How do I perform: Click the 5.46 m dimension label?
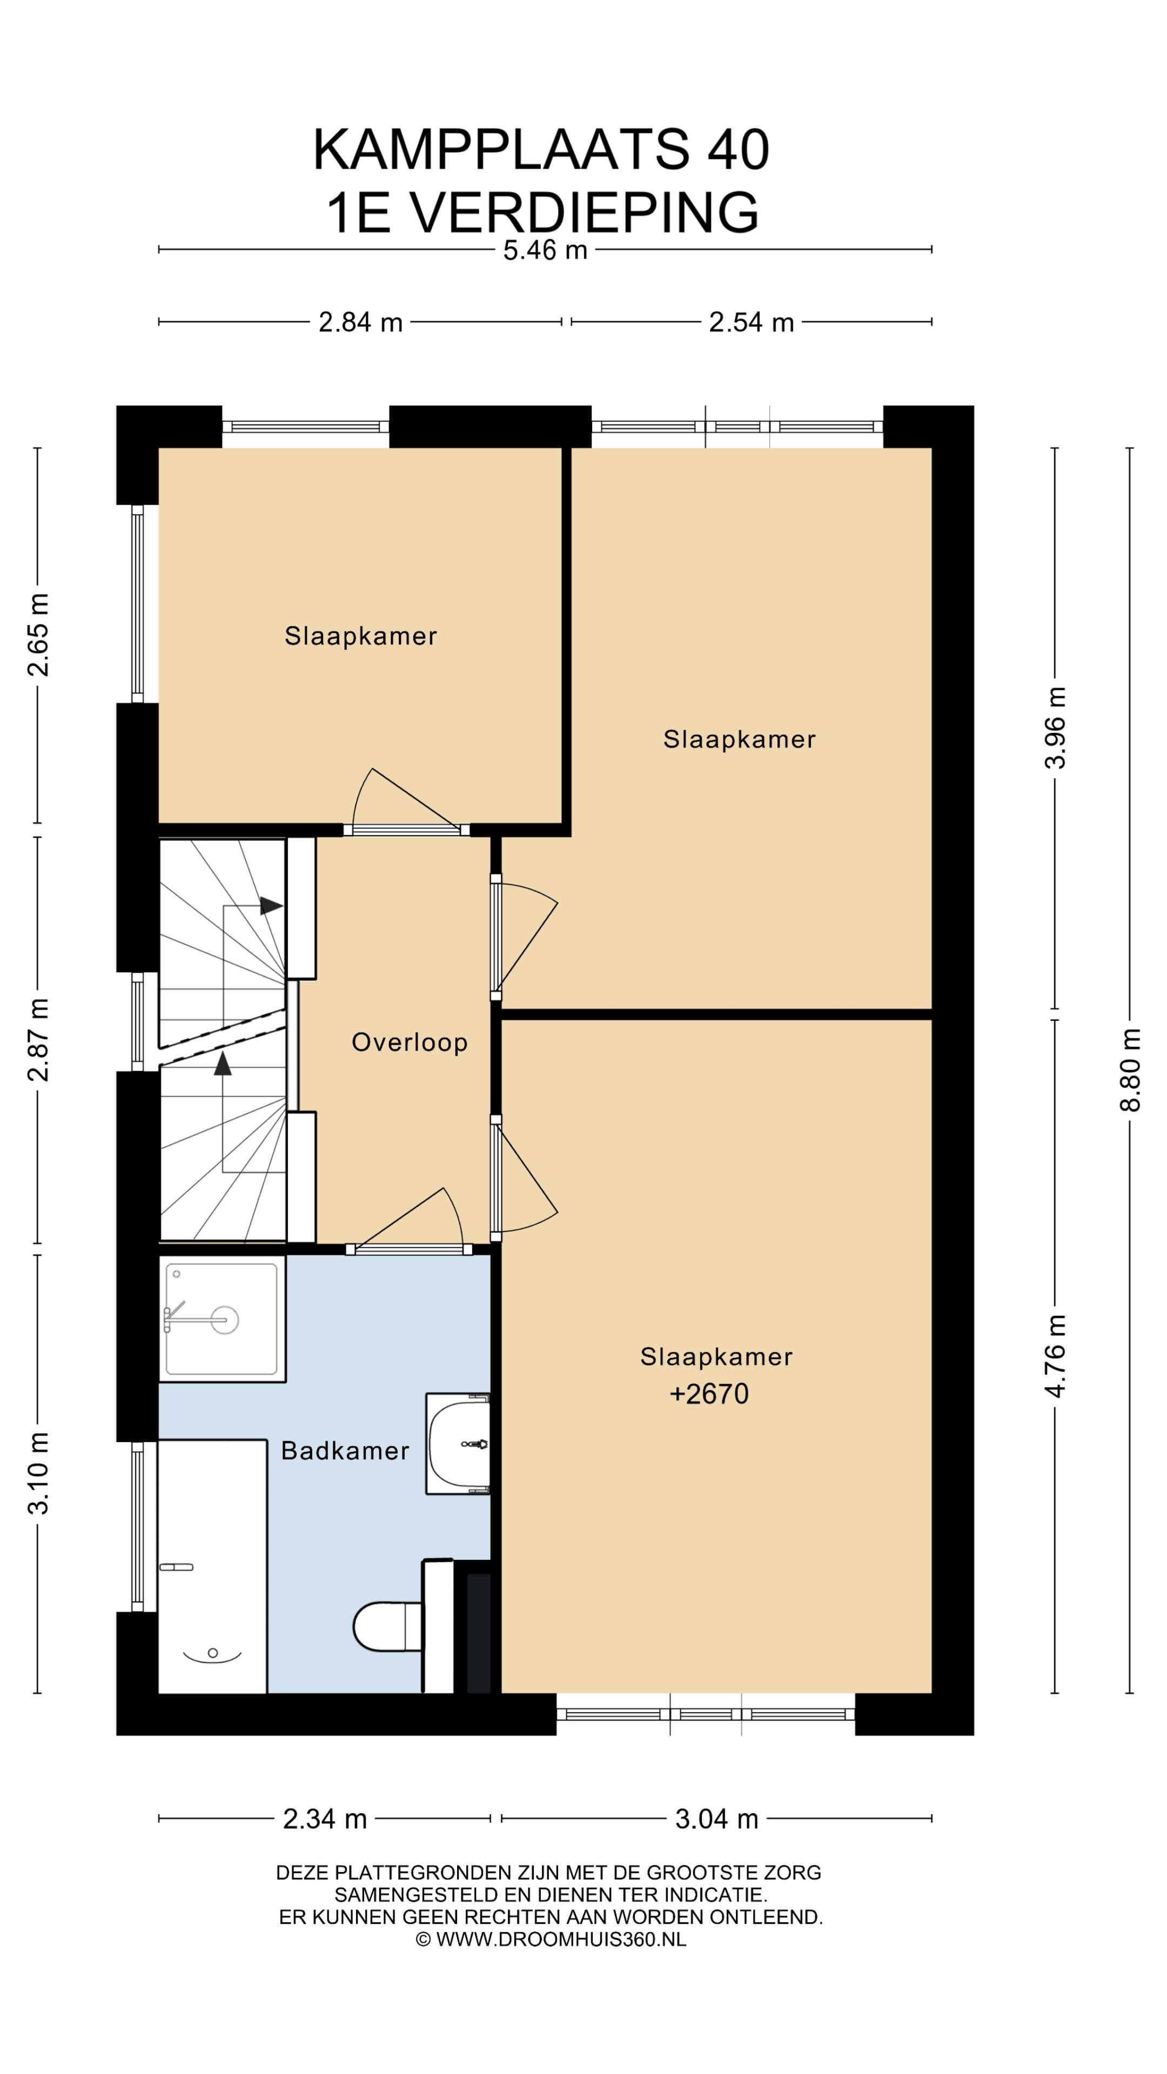pyautogui.click(x=545, y=251)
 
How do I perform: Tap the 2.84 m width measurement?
pyautogui.click(x=360, y=323)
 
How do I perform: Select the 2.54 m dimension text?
pyautogui.click(x=750, y=323)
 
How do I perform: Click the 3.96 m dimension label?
pyautogui.click(x=1055, y=728)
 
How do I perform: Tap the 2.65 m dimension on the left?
pyautogui.click(x=38, y=635)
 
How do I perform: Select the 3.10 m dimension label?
pyautogui.click(x=38, y=1473)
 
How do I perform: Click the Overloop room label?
pyautogui.click(x=409, y=1042)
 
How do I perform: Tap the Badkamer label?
pyautogui.click(x=345, y=1451)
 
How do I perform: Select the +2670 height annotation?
pyautogui.click(x=709, y=1393)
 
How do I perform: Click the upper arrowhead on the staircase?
pyautogui.click(x=271, y=906)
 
